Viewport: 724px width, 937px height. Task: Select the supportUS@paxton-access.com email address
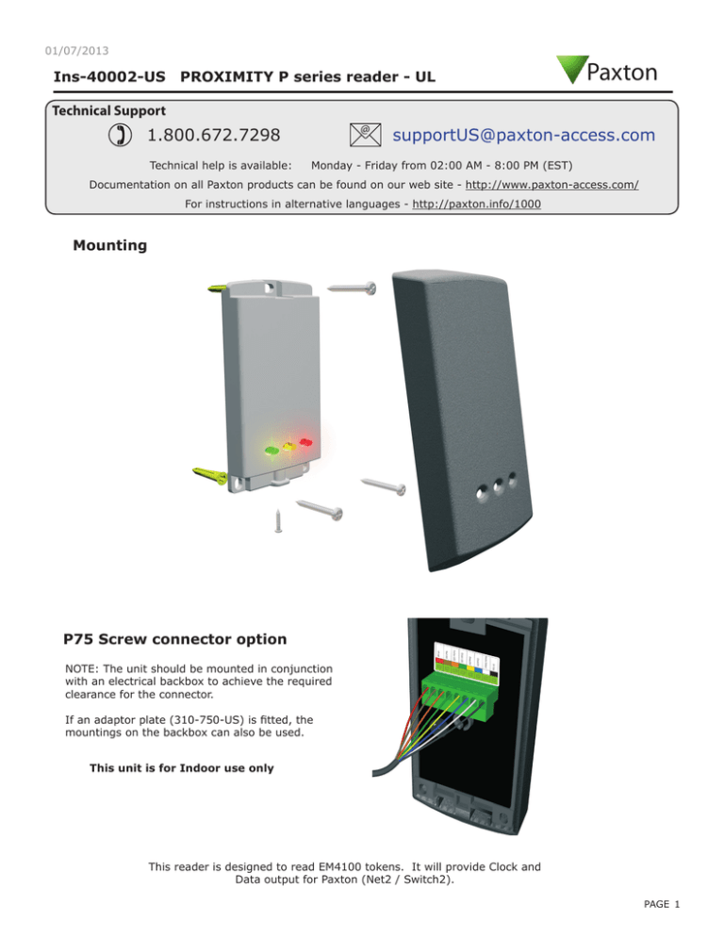(523, 136)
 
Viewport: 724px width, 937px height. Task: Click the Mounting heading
(109, 246)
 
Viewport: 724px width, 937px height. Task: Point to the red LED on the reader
(305, 441)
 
